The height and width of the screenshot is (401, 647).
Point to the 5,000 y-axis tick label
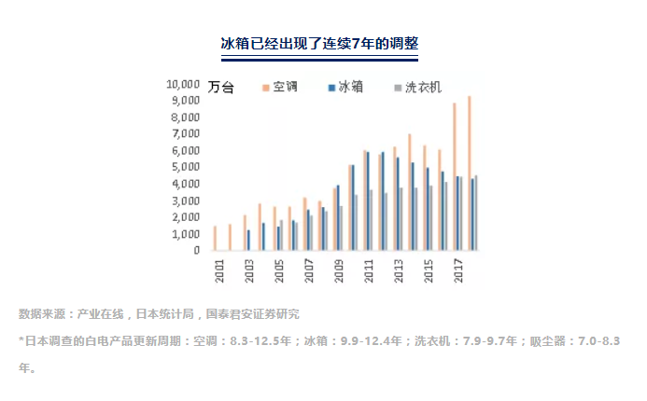[x=185, y=167]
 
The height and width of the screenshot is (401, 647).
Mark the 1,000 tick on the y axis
[x=185, y=234]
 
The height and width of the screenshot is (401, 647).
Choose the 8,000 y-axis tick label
[x=185, y=117]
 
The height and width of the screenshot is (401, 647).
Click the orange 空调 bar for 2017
[x=454, y=177]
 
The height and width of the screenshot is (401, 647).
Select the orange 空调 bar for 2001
[x=215, y=239]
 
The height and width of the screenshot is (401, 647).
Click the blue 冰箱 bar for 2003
[x=248, y=241]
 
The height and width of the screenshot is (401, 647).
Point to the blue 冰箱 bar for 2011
[x=368, y=201]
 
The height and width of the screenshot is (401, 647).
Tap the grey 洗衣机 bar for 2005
[x=281, y=236]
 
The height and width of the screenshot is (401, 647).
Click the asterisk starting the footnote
[x=21, y=340]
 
